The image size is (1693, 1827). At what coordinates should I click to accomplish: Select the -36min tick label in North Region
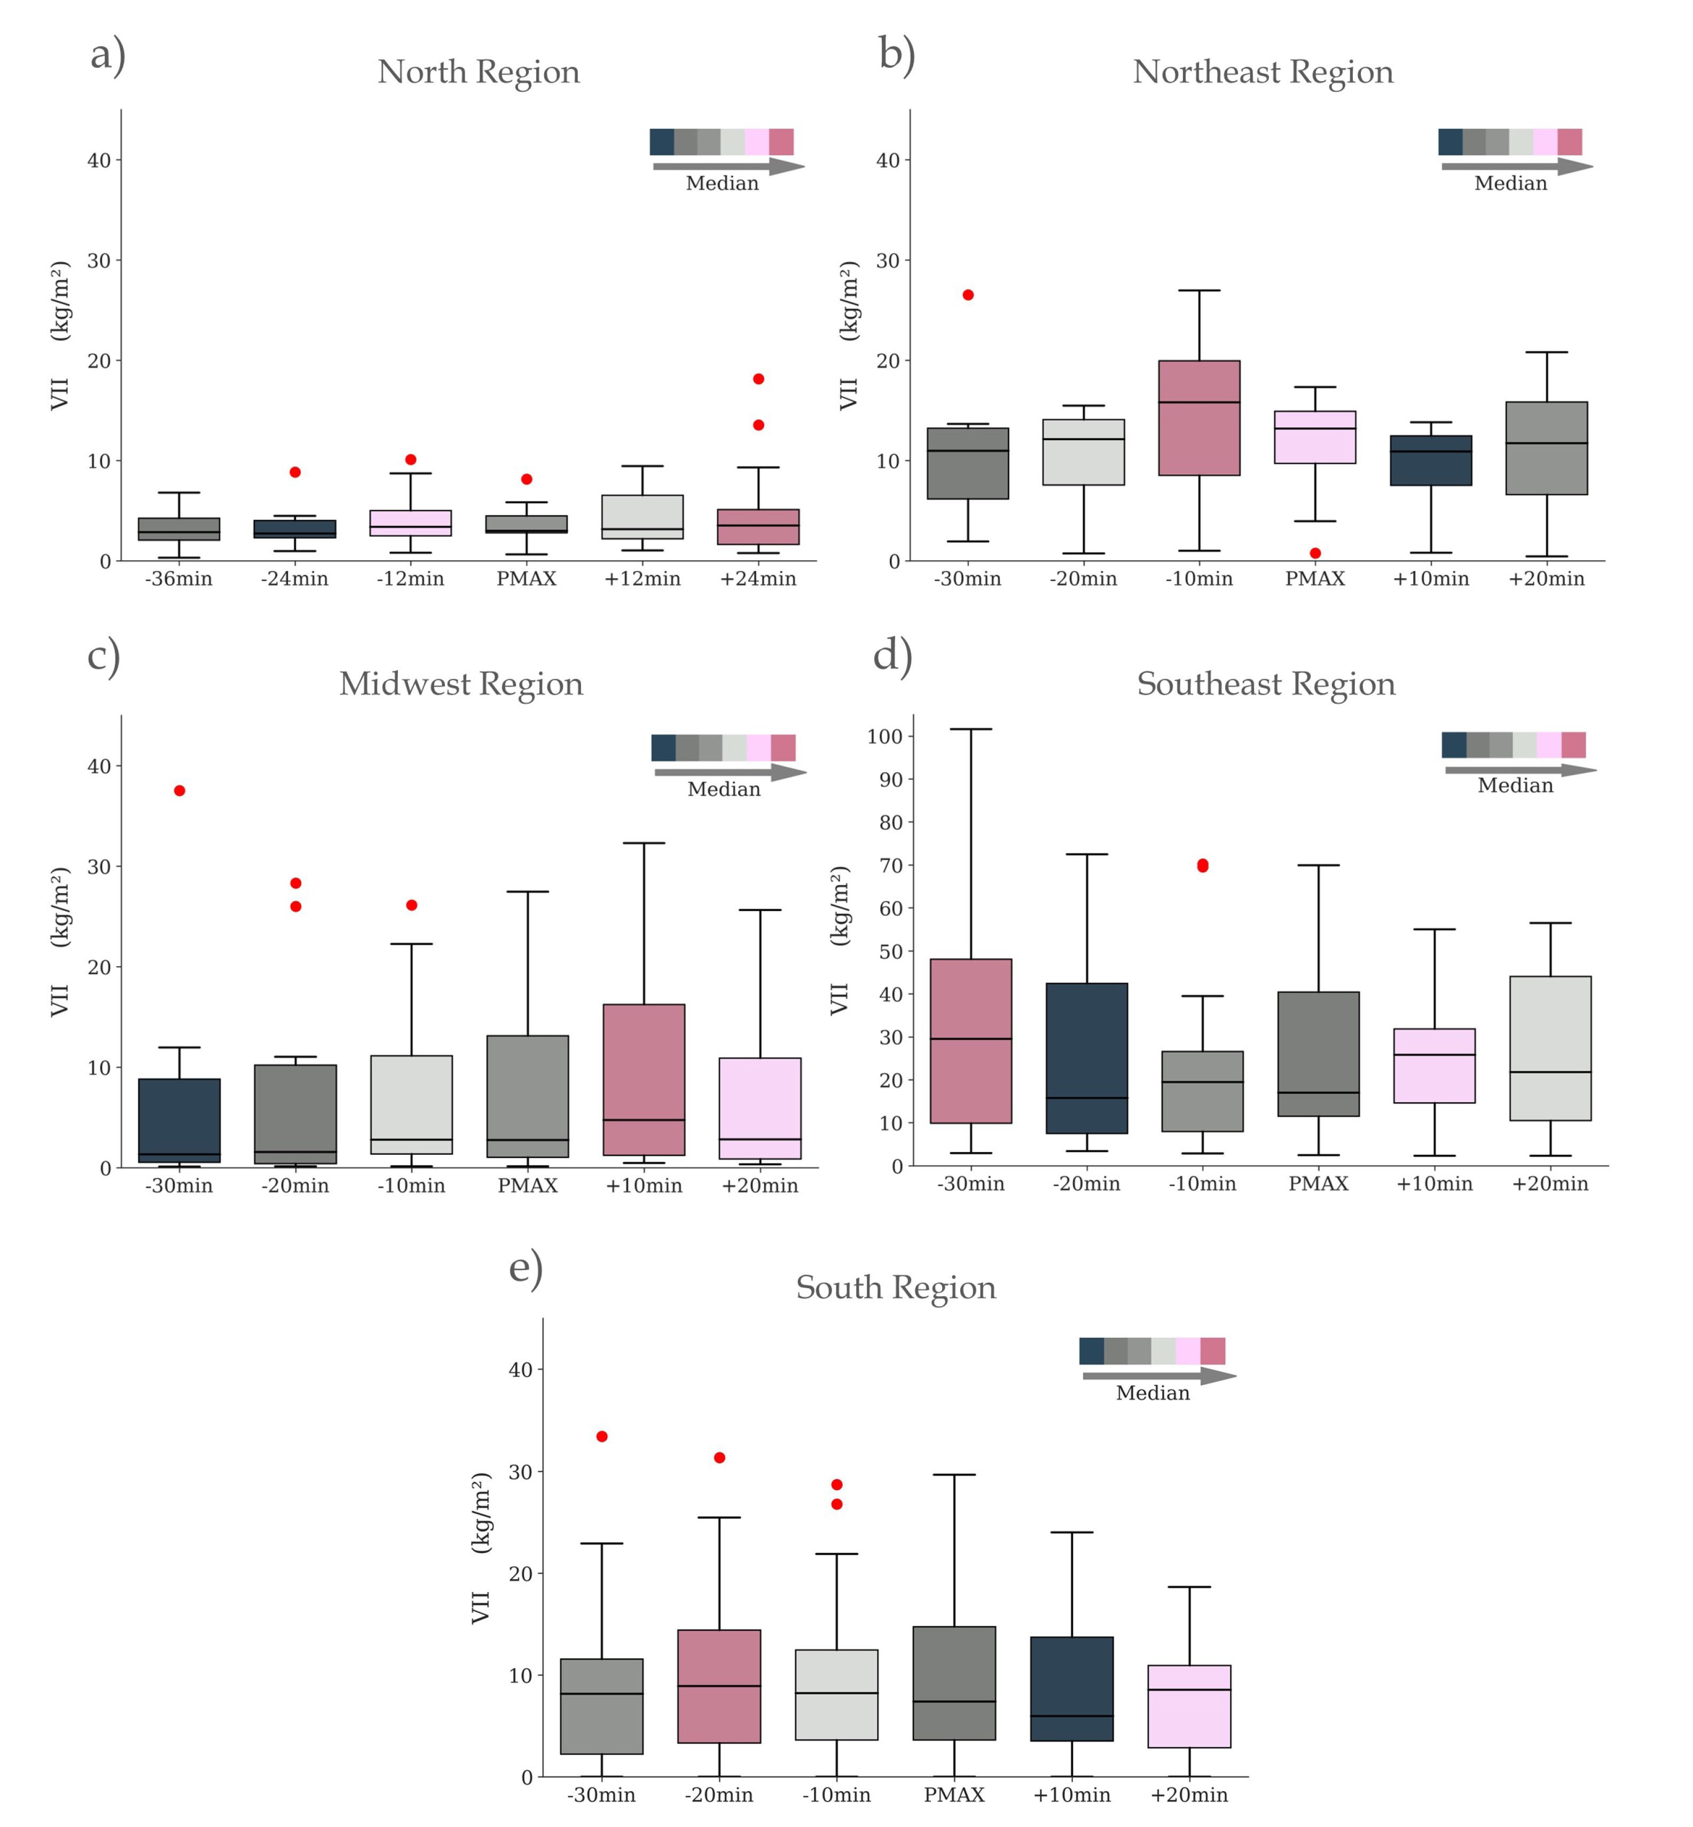tap(178, 579)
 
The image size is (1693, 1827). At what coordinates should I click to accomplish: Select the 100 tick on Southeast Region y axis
tap(885, 736)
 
